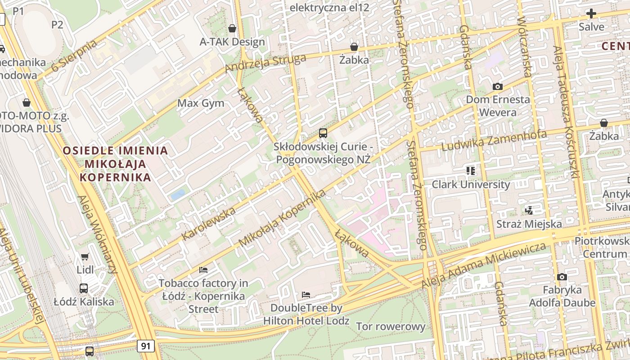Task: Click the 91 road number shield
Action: click(x=145, y=346)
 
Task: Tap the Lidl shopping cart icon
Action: click(x=85, y=257)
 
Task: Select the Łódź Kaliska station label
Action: click(x=84, y=301)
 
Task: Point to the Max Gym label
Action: click(x=201, y=103)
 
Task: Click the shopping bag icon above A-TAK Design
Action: click(x=232, y=28)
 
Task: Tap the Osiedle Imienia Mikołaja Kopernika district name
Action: click(x=115, y=164)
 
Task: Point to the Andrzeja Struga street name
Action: click(x=265, y=63)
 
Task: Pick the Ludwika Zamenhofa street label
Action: click(x=494, y=141)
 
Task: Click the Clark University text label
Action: click(x=471, y=184)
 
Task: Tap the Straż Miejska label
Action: click(x=529, y=224)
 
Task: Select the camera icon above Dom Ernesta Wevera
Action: click(x=497, y=86)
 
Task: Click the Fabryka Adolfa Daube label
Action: click(x=562, y=296)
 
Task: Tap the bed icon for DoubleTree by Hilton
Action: click(x=306, y=295)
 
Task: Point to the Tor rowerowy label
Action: click(x=390, y=327)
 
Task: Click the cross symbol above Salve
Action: click(x=591, y=13)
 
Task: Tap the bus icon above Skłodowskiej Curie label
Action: click(x=323, y=133)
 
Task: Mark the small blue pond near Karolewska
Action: click(x=178, y=195)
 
